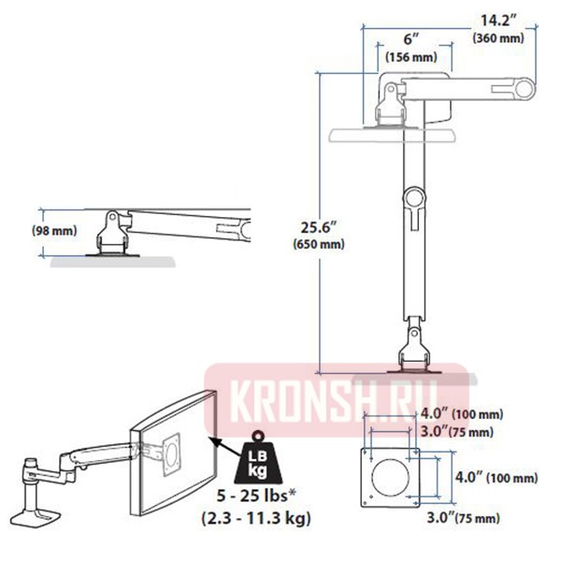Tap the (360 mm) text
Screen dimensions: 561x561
[x=498, y=38]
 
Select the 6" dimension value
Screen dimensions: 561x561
[x=410, y=40]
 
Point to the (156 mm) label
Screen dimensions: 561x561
[x=411, y=58]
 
